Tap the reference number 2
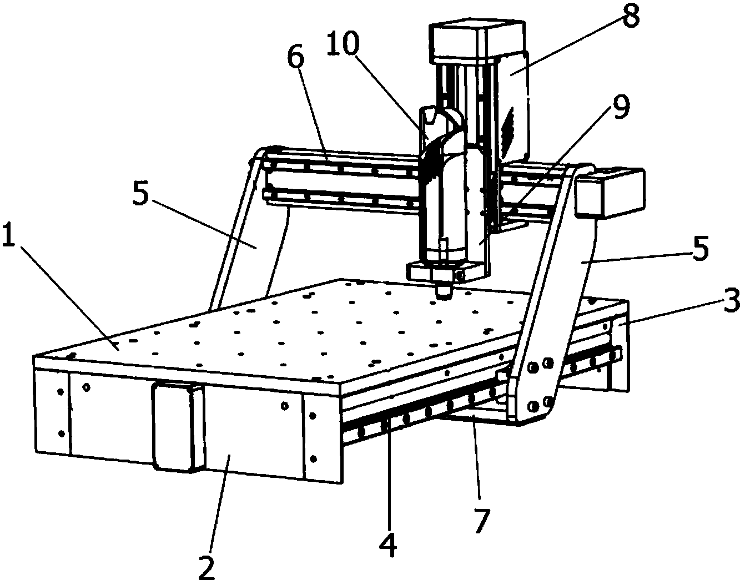tap(207, 567)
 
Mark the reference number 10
tap(343, 43)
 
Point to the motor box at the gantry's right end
tap(609, 191)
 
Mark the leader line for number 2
tap(220, 505)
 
